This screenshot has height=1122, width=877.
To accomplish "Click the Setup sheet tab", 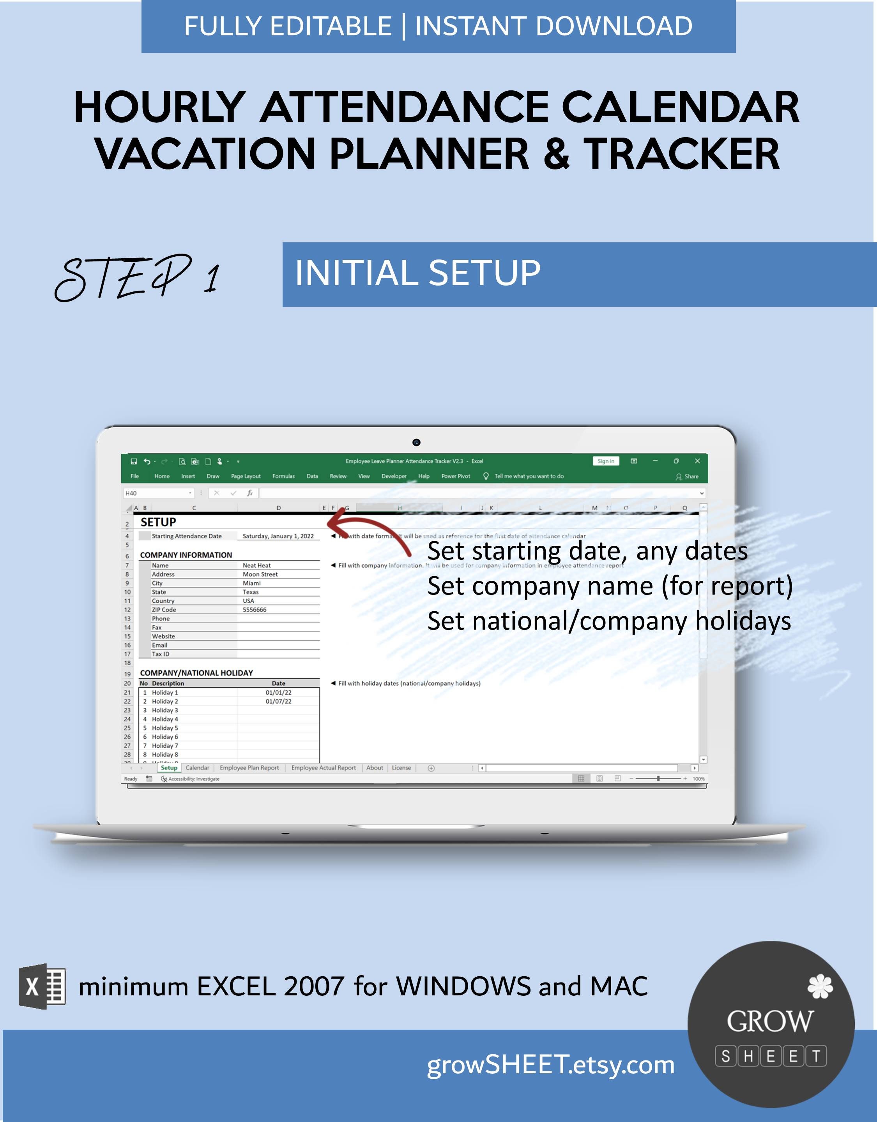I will pos(169,767).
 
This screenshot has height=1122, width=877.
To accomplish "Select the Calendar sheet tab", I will pos(197,767).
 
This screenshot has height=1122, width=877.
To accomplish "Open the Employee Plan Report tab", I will pos(249,767).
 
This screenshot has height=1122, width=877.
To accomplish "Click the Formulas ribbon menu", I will pos(283,476).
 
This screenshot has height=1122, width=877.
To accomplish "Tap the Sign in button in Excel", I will pos(606,461).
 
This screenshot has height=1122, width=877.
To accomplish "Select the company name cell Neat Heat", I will pos(256,565).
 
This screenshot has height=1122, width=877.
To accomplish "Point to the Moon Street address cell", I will pos(260,574).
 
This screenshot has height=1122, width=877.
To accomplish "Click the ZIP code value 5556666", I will pos(255,609).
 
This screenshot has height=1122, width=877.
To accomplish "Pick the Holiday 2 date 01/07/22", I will pos(279,701).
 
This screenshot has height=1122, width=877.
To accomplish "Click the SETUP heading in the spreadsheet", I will pos(158,522).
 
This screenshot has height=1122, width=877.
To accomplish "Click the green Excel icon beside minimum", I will pos(42,986).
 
